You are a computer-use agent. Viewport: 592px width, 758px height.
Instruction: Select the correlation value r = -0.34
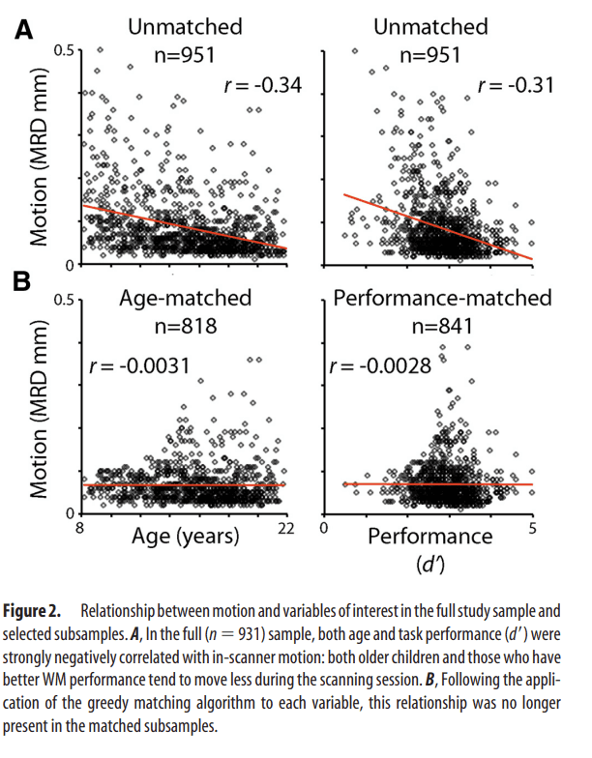point(258,87)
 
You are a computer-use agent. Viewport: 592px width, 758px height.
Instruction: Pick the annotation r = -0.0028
point(383,366)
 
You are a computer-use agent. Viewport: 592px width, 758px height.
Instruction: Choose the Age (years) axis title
point(185,535)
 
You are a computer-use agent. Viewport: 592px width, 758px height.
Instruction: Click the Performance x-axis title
point(429,535)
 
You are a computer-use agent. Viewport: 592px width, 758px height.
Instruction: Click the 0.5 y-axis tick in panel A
point(63,50)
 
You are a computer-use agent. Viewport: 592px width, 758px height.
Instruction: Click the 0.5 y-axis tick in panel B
point(63,301)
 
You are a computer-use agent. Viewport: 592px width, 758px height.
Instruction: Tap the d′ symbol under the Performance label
point(429,562)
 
